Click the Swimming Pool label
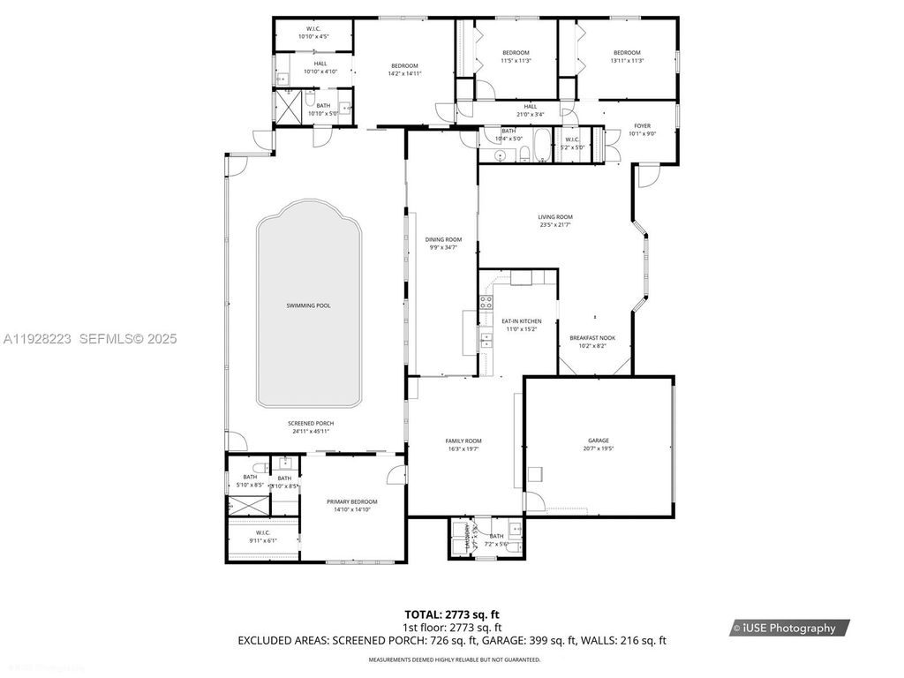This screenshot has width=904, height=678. (x=308, y=305)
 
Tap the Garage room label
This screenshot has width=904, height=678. (x=599, y=441)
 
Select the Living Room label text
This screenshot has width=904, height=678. (x=556, y=217)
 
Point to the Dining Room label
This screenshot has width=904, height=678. (x=443, y=239)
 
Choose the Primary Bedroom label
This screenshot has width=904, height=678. (x=351, y=501)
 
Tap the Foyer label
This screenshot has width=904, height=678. (x=642, y=126)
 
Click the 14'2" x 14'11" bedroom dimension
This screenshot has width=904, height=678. (x=404, y=74)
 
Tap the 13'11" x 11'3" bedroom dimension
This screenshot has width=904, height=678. (x=627, y=61)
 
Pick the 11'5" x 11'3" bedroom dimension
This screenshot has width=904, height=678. (x=516, y=61)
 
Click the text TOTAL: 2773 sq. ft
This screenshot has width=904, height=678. (x=457, y=614)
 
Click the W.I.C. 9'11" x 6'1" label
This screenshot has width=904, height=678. (x=262, y=537)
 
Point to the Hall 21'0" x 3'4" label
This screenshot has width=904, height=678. (x=530, y=110)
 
